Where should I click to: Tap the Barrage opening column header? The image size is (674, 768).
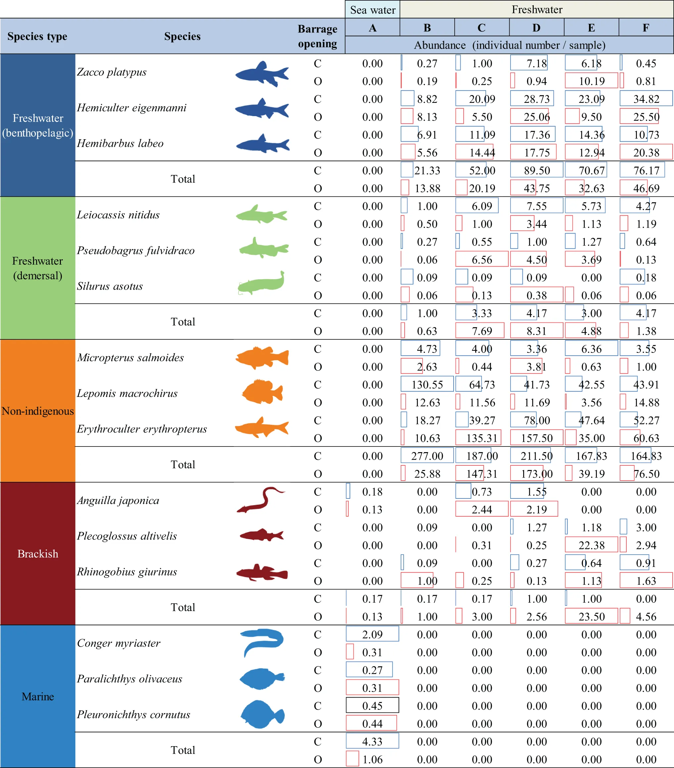317,36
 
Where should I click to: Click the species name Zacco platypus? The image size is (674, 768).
112,72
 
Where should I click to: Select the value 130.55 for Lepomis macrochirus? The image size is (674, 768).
427,384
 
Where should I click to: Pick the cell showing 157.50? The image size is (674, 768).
536,438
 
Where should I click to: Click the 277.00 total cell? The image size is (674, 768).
427,456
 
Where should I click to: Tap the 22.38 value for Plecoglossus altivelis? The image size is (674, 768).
591,545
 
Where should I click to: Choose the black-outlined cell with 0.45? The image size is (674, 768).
372,705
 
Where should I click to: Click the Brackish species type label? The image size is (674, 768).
38,553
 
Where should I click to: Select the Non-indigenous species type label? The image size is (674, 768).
38,411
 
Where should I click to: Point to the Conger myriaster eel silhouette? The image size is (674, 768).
262,642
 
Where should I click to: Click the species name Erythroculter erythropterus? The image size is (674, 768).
142,429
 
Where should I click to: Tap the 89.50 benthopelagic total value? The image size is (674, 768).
536,170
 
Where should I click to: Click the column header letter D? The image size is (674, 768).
536,28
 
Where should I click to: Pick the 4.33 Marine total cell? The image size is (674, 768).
372,741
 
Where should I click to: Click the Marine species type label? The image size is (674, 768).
38,696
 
